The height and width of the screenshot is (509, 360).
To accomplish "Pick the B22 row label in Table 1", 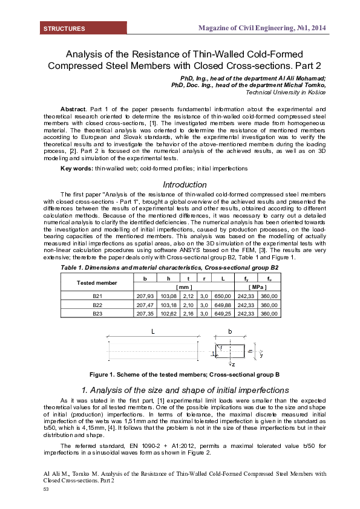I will tap(97, 305).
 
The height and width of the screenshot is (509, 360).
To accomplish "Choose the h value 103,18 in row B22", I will tap(165, 305).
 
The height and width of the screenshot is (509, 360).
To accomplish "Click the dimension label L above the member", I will tap(152, 332).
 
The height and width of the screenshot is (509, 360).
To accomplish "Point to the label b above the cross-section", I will tap(231, 332).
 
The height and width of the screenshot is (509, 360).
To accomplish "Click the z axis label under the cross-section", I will tap(233, 365).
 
